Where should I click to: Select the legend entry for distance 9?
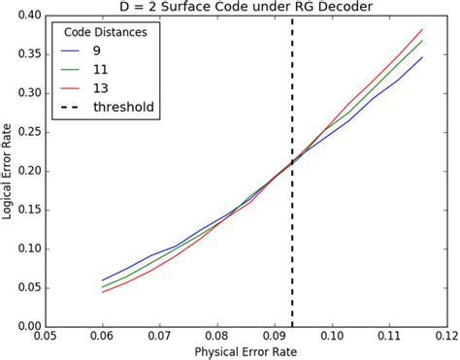[x=97, y=49]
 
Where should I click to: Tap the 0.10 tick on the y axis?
[x=28, y=248]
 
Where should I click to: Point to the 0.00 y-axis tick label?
[x=28, y=325]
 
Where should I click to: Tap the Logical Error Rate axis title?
[x=8, y=171]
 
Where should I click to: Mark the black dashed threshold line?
[x=291, y=243]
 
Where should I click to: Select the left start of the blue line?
[x=103, y=280]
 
